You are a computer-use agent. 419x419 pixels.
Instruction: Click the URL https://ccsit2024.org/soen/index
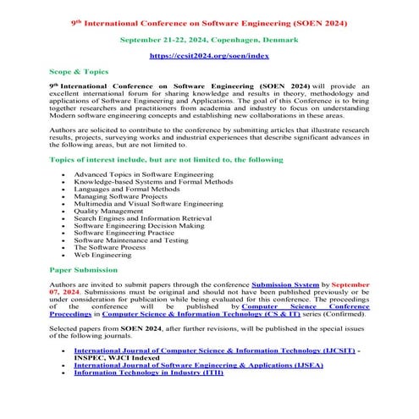(x=209, y=55)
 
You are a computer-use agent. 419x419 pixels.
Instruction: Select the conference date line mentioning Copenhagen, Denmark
(x=208, y=39)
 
